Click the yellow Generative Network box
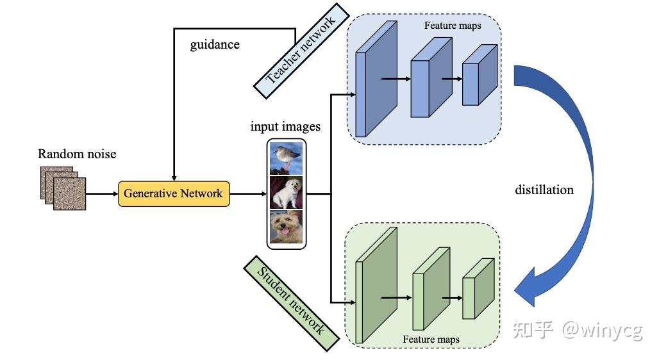[x=173, y=193]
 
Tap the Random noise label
[x=77, y=154]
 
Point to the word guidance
[x=215, y=45]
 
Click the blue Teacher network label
[x=301, y=52]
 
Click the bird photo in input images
[x=286, y=158]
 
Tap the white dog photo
[x=286, y=193]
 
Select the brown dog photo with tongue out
[x=286, y=227]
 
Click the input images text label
[x=285, y=126]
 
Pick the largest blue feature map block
[x=376, y=79]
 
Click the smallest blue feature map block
[x=479, y=75]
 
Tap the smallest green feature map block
[x=478, y=288]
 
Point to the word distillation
[x=544, y=190]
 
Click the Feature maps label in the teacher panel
[x=453, y=26]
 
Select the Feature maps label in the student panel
[x=431, y=339]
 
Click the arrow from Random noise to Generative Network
[x=101, y=193]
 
